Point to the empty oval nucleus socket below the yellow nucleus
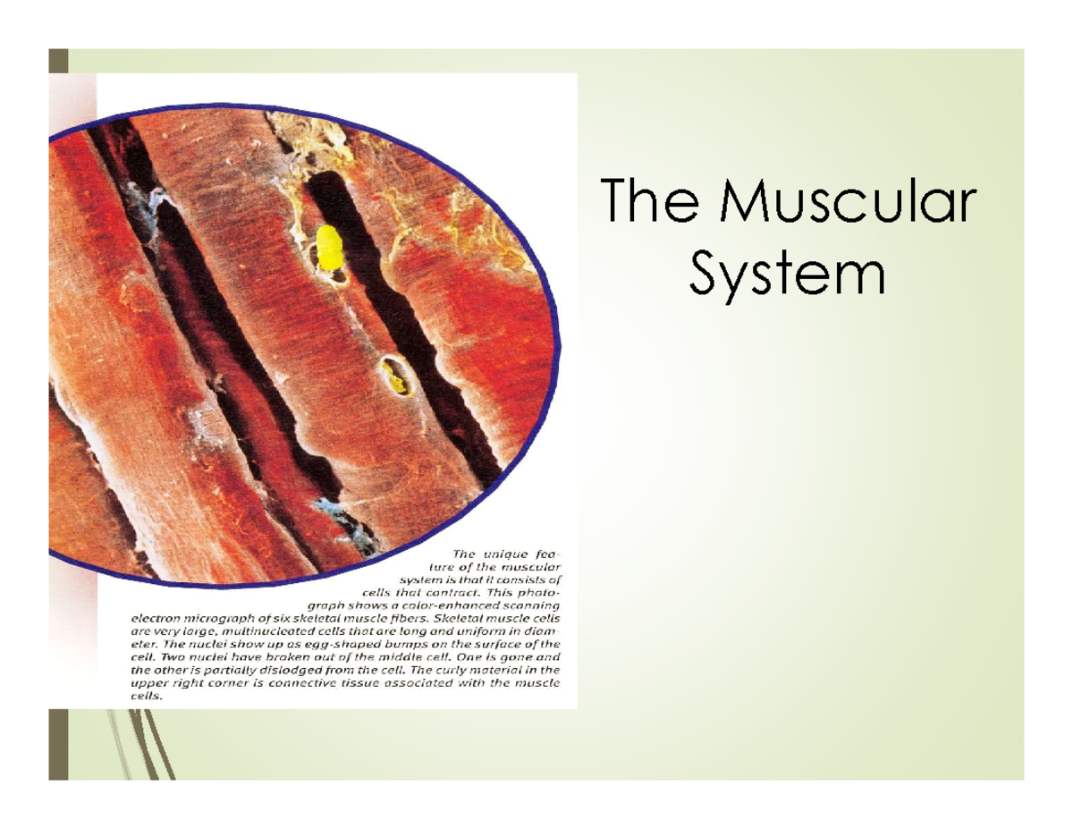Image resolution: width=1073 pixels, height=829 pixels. [x=393, y=376]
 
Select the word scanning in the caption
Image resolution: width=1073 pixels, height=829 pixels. [x=529, y=605]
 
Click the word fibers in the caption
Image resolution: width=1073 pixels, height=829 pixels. [x=393, y=617]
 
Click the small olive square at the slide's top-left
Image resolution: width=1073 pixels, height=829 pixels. [x=58, y=61]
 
